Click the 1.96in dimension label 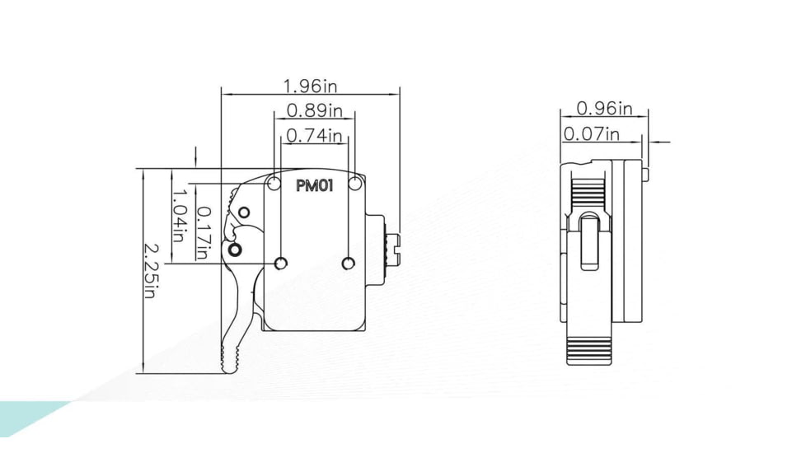pos(311,86)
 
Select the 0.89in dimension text pos(314,110)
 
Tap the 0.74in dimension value pos(313,136)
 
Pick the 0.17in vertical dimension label pos(202,233)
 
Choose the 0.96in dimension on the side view pos(603,108)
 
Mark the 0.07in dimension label pos(592,133)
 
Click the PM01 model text pos(314,186)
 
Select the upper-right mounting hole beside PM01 pos(354,182)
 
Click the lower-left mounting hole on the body pos(282,264)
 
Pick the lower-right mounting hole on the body pos(348,264)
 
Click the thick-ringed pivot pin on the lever pos(237,248)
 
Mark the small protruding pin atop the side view pos(644,174)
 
